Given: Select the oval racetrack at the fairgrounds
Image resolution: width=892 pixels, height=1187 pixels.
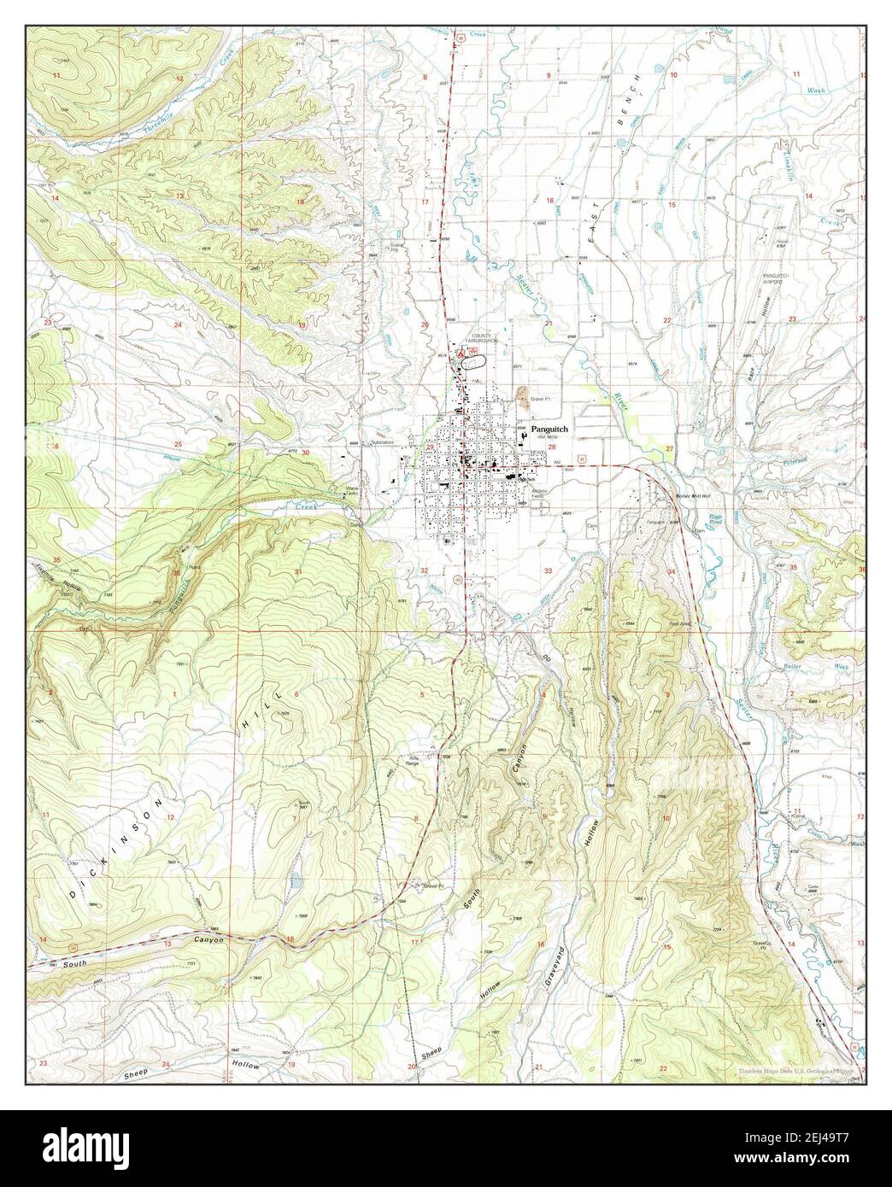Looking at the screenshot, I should click(472, 361).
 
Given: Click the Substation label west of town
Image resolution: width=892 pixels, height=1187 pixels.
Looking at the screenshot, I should click(380, 442).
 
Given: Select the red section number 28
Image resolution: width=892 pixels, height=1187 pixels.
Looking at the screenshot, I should click(552, 447).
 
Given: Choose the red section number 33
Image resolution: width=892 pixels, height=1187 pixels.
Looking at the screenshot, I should click(549, 570).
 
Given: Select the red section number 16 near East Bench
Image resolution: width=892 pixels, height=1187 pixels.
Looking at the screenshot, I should click(550, 201).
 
